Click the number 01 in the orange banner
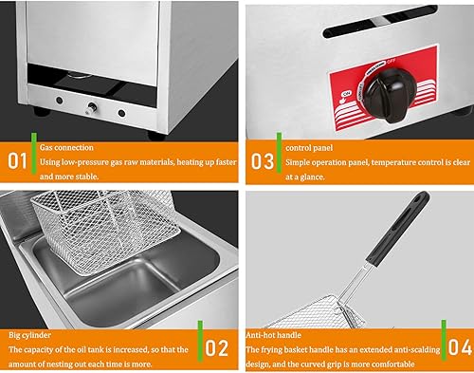[19, 158]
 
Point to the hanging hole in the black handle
[415, 200]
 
